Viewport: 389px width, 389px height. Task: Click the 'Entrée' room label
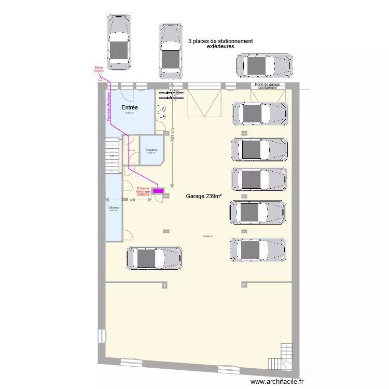pyautogui.click(x=129, y=107)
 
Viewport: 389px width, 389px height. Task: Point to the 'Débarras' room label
pyautogui.click(x=114, y=209)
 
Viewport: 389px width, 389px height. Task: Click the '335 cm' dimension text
pyautogui.click(x=128, y=200)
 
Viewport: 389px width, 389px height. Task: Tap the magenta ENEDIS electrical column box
pyautogui.click(x=158, y=191)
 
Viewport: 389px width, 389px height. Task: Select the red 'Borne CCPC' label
pyautogui.click(x=99, y=70)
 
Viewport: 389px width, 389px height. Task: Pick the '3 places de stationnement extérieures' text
pyautogui.click(x=220, y=44)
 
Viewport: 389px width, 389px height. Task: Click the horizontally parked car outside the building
pyautogui.click(x=264, y=65)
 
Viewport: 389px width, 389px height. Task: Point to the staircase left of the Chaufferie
pyautogui.click(x=112, y=155)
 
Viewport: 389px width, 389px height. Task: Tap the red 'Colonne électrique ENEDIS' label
pyautogui.click(x=143, y=191)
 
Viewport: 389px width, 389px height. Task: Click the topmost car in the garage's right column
pyautogui.click(x=259, y=113)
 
